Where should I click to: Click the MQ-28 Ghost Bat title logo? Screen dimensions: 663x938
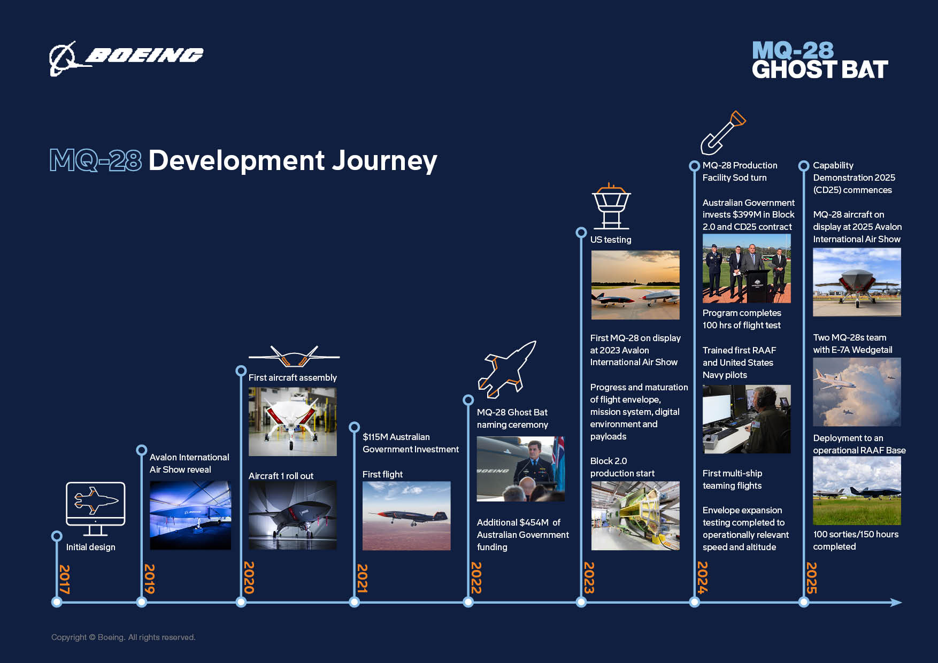pos(819,60)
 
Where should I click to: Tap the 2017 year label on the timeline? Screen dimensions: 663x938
pos(64,579)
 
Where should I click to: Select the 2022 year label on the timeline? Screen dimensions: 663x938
pos(476,577)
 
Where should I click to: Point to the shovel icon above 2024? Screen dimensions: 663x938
pos(722,133)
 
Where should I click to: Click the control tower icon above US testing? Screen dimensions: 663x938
pos(611,206)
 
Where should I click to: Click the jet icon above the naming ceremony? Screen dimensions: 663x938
pos(506,369)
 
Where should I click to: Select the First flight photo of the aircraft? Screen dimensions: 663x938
pos(406,515)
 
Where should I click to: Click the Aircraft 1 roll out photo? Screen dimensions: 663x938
pos(293,515)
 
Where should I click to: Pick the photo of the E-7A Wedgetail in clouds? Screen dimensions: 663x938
pos(857,392)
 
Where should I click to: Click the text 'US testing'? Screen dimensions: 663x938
pos(611,240)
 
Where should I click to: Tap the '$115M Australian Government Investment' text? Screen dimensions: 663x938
pos(410,443)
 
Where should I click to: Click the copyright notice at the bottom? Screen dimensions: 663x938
pos(124,637)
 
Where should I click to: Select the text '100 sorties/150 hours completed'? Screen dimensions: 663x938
pos(855,540)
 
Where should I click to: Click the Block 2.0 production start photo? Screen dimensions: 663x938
pos(635,515)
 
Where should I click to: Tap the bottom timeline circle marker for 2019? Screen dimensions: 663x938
pos(142,603)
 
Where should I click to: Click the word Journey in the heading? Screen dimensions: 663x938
pos(385,160)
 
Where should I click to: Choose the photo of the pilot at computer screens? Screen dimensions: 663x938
pos(746,419)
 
